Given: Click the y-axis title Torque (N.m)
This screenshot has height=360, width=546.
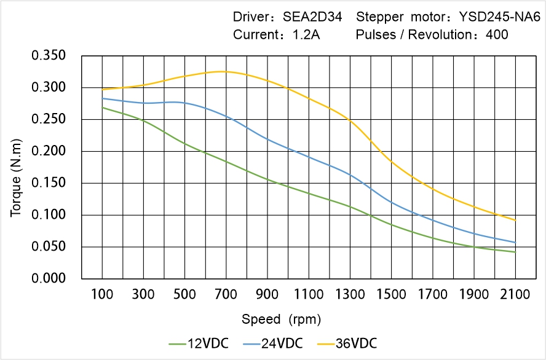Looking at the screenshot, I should [x=17, y=167].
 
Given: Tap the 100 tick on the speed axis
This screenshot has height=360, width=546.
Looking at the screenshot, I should [x=102, y=295].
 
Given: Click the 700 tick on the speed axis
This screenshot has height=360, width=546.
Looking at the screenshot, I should [x=226, y=295].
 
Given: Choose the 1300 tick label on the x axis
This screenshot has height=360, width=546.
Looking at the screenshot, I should [x=350, y=295].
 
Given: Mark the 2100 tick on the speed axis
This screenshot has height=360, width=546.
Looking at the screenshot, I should [x=515, y=295].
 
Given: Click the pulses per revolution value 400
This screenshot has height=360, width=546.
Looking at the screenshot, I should [x=497, y=35].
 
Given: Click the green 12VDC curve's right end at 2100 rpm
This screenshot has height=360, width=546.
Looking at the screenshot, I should [x=515, y=252].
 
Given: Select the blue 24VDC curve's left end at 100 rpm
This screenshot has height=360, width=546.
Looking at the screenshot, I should [x=102, y=98].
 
